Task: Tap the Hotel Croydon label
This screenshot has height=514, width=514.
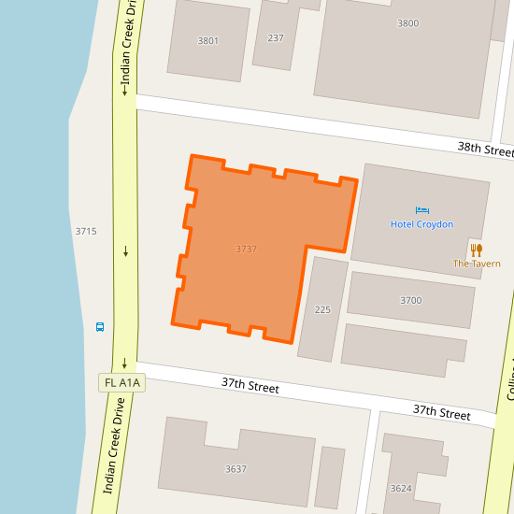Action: tap(421, 224)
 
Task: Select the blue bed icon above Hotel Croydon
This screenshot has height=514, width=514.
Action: tap(422, 209)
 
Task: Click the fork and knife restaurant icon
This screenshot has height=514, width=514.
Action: tap(477, 250)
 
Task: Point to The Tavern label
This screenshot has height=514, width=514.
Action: tap(477, 264)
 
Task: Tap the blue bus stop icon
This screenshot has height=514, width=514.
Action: tap(100, 327)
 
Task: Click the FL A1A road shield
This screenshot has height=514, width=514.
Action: tap(122, 382)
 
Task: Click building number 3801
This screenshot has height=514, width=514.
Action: tap(207, 40)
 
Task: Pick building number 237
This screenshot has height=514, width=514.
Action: tap(275, 37)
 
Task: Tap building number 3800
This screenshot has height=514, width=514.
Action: tap(407, 23)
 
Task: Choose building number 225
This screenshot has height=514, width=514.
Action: tap(322, 309)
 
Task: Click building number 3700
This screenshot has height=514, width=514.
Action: tap(410, 300)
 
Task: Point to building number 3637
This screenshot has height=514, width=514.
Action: tap(236, 468)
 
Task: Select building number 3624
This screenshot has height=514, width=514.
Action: tap(401, 488)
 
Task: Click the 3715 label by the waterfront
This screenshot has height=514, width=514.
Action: tap(86, 231)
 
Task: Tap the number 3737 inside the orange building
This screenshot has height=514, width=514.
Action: tap(246, 249)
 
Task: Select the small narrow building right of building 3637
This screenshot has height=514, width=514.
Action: tap(330, 477)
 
